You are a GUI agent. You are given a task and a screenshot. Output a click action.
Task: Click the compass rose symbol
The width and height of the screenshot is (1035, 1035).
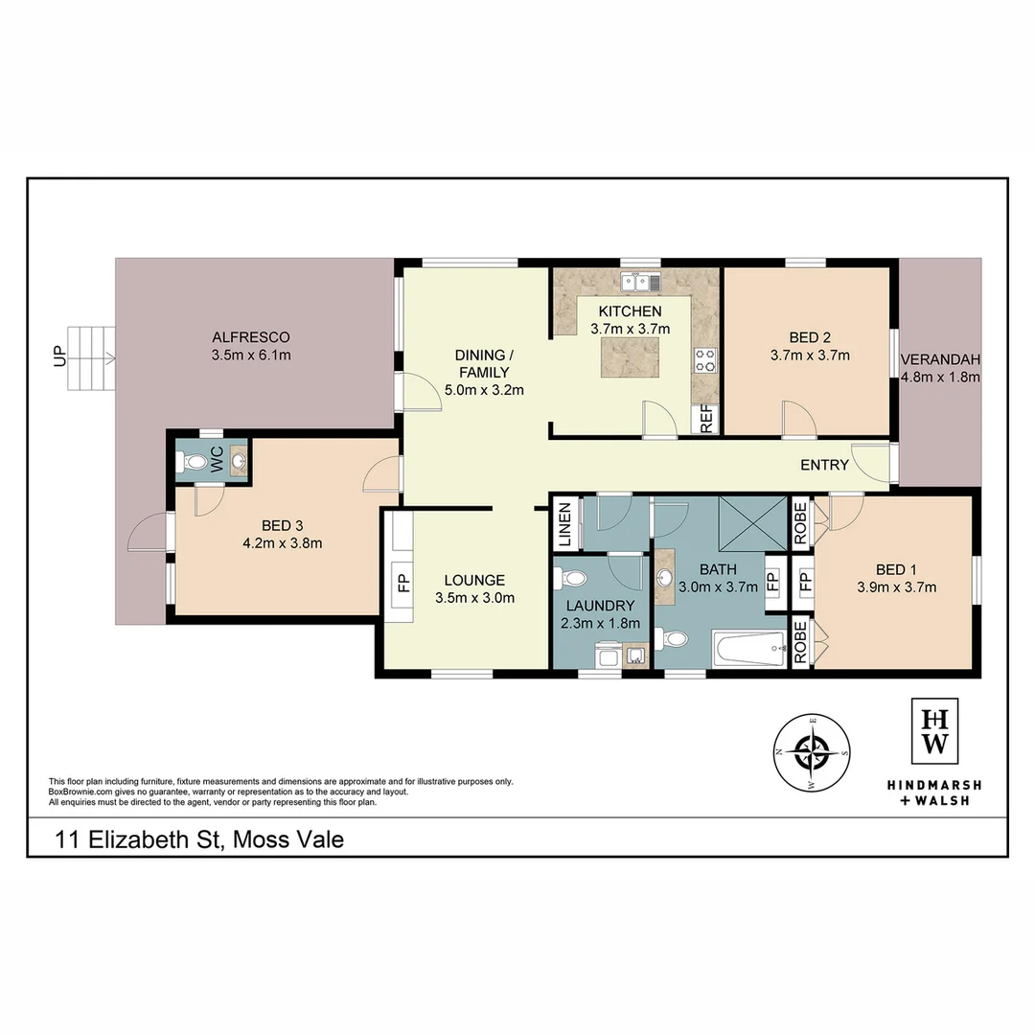[813, 753]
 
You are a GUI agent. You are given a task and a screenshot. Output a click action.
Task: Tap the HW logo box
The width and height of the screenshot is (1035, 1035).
[934, 732]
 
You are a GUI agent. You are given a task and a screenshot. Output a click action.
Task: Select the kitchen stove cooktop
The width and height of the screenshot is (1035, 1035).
[705, 359]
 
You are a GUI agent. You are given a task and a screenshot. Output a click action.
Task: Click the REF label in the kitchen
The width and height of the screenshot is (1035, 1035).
[706, 419]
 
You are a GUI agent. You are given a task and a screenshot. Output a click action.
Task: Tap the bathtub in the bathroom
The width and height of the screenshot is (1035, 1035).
[749, 651]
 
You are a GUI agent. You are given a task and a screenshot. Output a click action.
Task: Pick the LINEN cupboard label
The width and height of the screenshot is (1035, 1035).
[565, 525]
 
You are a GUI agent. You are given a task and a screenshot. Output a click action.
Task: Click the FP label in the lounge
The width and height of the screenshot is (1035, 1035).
[402, 582]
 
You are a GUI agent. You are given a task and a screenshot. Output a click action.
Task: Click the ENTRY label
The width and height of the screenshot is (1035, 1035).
[824, 466]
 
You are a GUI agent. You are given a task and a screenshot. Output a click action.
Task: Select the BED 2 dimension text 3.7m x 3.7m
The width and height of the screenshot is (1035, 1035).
[810, 355]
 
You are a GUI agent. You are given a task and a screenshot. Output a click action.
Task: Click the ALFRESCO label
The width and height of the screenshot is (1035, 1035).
[250, 337]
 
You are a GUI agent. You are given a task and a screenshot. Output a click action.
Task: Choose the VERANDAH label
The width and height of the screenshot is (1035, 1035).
[940, 360]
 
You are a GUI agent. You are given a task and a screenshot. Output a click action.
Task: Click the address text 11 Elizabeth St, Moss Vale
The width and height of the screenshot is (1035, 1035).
[198, 840]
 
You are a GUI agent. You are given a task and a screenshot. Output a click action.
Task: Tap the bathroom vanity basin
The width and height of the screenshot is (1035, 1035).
[665, 578]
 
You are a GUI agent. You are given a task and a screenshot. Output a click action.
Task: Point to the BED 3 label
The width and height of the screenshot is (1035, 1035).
[282, 525]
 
